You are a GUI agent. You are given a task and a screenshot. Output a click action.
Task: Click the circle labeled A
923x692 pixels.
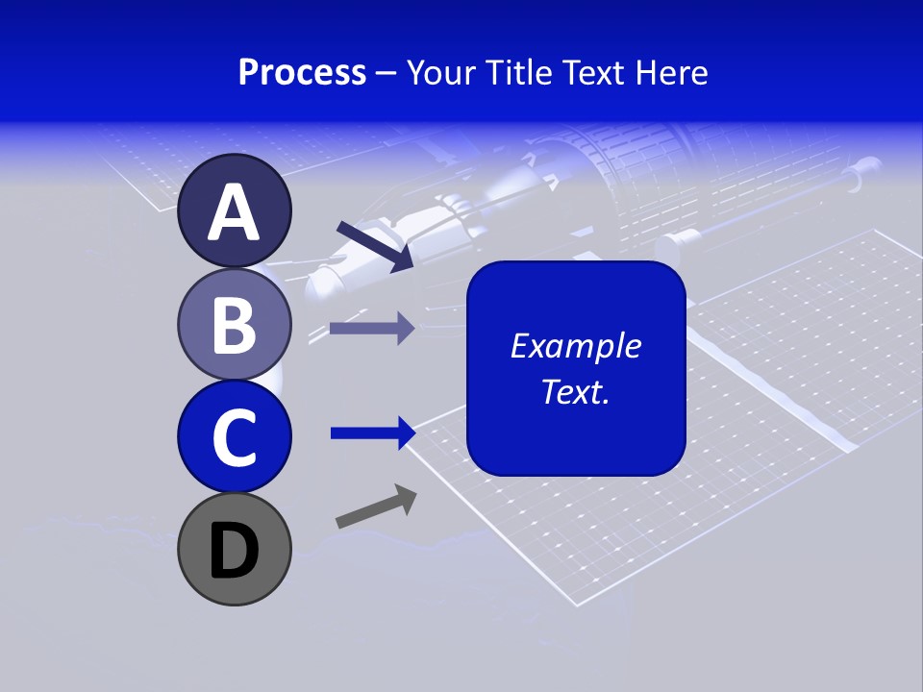click(234, 210)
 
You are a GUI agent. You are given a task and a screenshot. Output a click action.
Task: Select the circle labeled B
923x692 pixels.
click(234, 323)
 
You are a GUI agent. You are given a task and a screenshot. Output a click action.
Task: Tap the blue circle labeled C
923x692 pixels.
click(234, 435)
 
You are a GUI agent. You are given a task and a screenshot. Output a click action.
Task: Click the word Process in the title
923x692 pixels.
click(302, 72)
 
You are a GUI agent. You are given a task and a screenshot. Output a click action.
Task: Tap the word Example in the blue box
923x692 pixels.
click(575, 346)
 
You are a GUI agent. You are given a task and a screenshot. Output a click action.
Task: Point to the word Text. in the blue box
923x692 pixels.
click(575, 391)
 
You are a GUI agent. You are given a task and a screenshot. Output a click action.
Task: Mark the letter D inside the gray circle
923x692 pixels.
click(234, 551)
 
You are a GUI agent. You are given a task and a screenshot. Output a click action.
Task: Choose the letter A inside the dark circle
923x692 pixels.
click(234, 212)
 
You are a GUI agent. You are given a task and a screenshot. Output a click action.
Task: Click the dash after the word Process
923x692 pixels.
click(387, 74)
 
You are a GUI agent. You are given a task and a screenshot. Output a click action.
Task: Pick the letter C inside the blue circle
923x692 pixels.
click(234, 438)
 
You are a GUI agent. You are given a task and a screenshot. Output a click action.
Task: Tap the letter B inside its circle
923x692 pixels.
click(234, 325)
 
